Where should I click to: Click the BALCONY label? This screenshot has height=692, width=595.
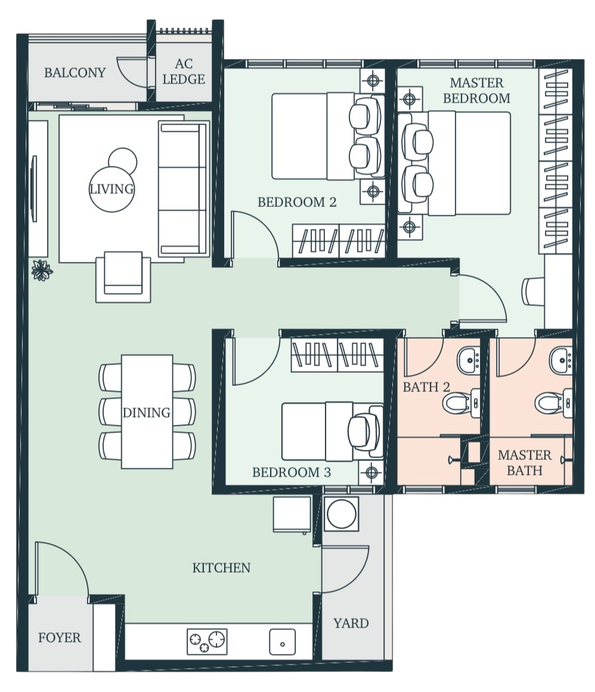coord(75,72)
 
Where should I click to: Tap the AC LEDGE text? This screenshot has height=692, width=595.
coord(184,72)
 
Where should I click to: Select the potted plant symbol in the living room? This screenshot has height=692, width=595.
coord(42,270)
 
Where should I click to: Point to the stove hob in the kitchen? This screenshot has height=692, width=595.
coord(207,641)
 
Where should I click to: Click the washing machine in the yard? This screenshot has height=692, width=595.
coord(342,514)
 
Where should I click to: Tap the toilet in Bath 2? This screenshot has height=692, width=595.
coord(461,403)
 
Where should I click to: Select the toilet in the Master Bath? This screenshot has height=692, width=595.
coord(553,403)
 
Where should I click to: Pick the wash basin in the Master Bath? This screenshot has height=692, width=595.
coord(560,360)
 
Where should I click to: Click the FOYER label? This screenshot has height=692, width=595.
coord(60,638)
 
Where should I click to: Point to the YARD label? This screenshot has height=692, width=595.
coord(351,623)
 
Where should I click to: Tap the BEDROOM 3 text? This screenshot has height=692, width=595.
coord(292,472)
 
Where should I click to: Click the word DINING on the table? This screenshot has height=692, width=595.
coord(147,413)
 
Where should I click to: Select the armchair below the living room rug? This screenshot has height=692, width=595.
coord(123,276)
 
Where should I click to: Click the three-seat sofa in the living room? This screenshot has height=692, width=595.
coord(183,189)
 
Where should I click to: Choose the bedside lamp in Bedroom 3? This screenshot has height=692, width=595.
coord(371,472)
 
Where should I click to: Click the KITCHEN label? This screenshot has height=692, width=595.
coord(221,567)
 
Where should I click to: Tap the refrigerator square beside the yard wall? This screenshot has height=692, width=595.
coord(292,515)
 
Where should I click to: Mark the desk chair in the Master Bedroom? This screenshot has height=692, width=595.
coord(533,291)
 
